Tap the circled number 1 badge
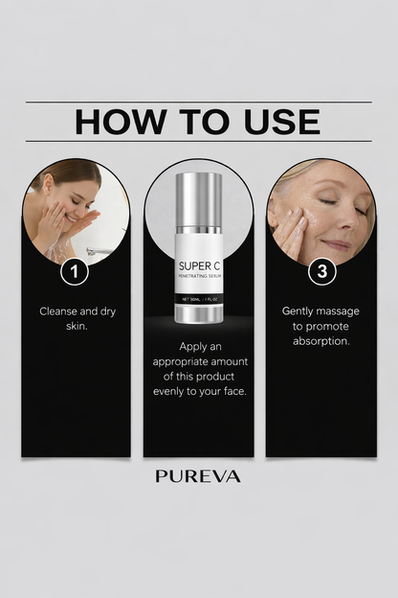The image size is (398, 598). click(x=75, y=271)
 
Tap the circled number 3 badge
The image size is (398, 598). click(x=322, y=271)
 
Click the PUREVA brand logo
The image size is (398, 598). click(x=198, y=475)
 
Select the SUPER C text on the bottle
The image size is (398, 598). click(x=199, y=264)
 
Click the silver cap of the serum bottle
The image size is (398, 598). click(x=199, y=195)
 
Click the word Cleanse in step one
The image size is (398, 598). click(x=60, y=311)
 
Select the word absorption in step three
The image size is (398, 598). click(x=322, y=341)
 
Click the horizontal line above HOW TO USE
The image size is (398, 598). click(x=198, y=102)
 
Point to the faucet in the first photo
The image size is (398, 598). click(x=97, y=250)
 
